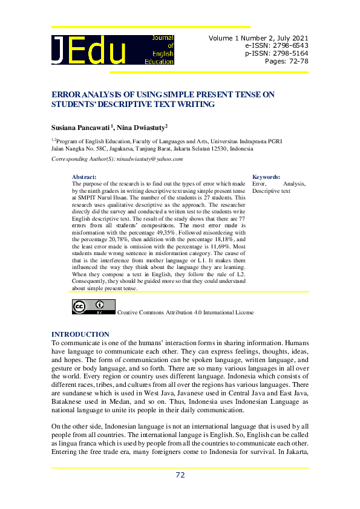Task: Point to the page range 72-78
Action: click(x=296, y=61)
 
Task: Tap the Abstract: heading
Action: click(x=84, y=177)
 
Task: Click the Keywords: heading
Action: click(x=266, y=177)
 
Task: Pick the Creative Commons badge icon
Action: click(x=94, y=307)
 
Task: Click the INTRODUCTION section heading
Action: click(x=80, y=334)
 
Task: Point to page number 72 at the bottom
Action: click(x=180, y=475)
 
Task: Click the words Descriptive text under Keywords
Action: click(x=271, y=191)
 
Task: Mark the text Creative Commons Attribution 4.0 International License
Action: click(x=185, y=313)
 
